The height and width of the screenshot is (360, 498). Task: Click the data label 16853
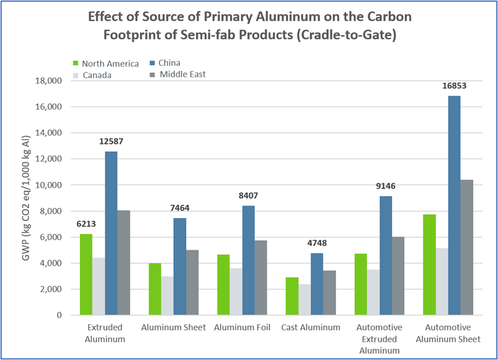click(x=454, y=86)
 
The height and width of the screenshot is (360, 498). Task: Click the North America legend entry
click(x=108, y=63)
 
